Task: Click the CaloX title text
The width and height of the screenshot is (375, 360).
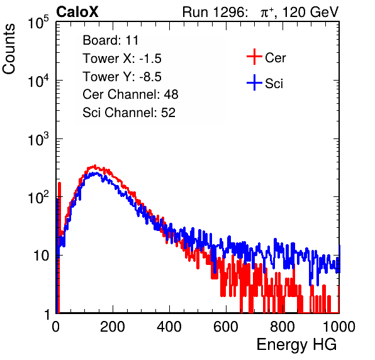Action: click(x=77, y=12)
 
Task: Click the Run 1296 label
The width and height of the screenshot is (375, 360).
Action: click(x=215, y=12)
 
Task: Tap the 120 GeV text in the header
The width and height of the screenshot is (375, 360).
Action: click(x=310, y=12)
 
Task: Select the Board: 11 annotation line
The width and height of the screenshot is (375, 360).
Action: click(x=111, y=40)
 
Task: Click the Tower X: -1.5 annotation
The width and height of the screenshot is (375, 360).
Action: click(x=122, y=59)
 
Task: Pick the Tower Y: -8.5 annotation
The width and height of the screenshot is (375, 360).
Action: click(x=122, y=77)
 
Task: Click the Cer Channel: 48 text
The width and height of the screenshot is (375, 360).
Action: click(x=130, y=94)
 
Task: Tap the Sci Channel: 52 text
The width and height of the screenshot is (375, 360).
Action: click(x=129, y=113)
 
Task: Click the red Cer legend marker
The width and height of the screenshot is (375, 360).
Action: click(x=254, y=57)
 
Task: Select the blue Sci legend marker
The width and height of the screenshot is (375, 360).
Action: click(x=254, y=83)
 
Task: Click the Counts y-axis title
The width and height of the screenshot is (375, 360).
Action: click(x=9, y=48)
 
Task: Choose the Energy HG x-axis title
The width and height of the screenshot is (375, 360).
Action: click(x=296, y=345)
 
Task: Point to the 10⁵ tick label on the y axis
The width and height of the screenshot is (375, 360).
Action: click(x=38, y=22)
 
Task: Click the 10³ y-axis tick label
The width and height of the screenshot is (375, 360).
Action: click(x=38, y=138)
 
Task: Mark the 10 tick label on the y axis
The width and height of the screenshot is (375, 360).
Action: click(x=41, y=256)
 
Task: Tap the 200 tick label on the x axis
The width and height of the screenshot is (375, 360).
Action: click(x=113, y=327)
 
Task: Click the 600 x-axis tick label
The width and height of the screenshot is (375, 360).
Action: click(x=226, y=327)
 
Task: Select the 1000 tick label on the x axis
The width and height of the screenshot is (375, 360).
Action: click(x=339, y=327)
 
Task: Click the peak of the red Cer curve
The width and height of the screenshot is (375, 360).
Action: click(x=95, y=166)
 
